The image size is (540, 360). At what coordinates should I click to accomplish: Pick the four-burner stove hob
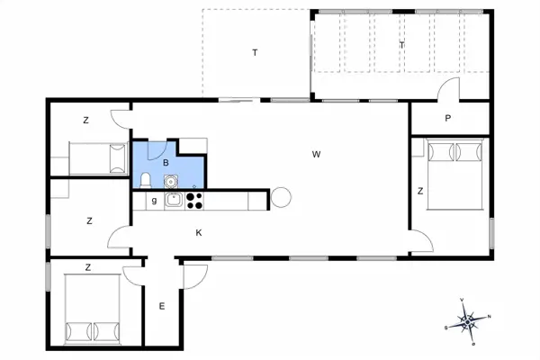coord(194,201)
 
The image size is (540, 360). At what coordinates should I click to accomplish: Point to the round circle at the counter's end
coord(282,197)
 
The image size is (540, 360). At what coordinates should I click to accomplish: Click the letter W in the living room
coord(316,155)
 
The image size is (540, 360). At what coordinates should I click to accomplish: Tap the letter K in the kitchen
coord(199,232)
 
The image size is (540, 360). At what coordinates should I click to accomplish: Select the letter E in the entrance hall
coord(162,307)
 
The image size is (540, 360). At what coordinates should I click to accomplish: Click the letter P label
coord(447,119)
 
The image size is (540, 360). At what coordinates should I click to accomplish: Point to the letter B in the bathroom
coord(166,162)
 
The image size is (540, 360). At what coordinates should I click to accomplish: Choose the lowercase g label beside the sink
coord(154,201)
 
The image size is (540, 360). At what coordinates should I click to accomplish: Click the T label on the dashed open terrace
coord(255,53)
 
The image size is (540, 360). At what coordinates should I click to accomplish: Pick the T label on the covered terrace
coord(401,45)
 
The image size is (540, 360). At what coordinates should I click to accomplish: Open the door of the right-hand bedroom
coord(421,239)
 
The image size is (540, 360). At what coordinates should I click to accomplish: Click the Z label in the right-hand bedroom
coord(420,191)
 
